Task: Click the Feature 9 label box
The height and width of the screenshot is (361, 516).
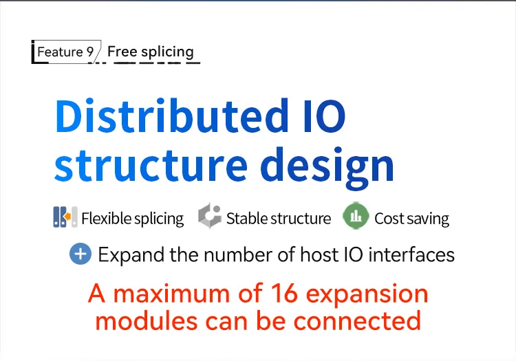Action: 66,52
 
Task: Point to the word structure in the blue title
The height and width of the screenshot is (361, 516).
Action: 151,165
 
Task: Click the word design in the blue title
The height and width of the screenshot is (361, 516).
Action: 327,168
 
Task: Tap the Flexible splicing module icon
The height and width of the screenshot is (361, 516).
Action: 65,217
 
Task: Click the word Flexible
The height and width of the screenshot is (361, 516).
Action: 106,218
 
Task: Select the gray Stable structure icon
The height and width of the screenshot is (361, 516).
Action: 210,215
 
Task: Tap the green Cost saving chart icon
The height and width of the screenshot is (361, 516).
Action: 356,216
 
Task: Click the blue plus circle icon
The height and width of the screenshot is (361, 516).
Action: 80,254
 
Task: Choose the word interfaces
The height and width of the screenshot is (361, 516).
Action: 411,254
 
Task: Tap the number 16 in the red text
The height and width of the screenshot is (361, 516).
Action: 285,294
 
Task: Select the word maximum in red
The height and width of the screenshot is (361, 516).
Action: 171,294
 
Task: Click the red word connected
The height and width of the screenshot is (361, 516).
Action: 357,320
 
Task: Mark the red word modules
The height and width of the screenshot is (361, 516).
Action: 147,320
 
